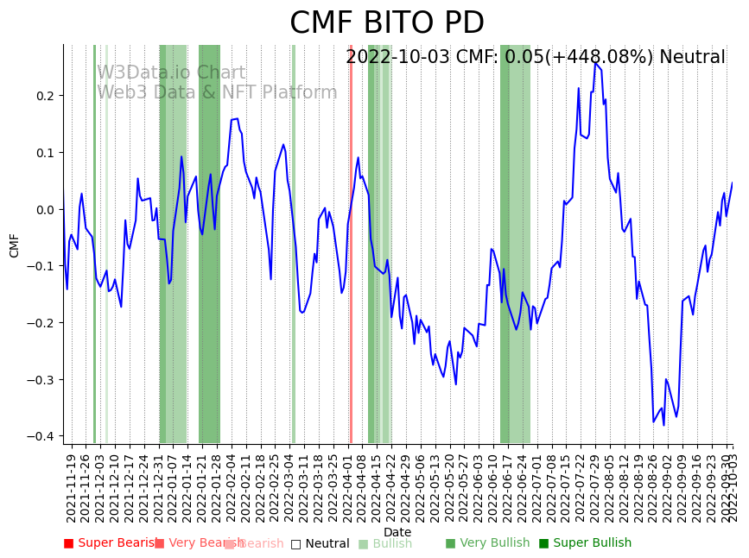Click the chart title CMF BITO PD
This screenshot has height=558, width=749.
[386, 23]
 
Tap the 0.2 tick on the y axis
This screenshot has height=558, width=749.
[45, 96]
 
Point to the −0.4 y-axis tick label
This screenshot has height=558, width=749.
[41, 436]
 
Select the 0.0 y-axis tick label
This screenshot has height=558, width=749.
[45, 209]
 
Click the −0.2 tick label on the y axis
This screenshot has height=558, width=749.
[41, 323]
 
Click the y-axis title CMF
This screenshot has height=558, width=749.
[15, 245]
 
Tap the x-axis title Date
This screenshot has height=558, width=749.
[397, 532]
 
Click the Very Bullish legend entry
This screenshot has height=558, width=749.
[488, 543]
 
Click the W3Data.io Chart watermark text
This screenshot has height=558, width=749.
[171, 73]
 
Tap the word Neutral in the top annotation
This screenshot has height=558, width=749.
[692, 58]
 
